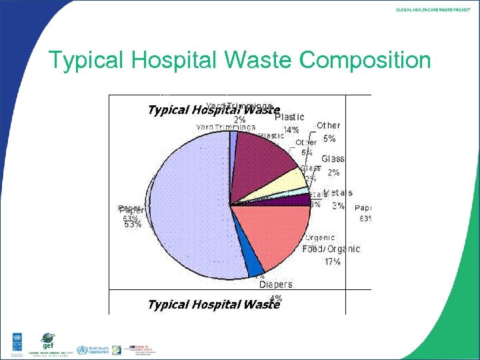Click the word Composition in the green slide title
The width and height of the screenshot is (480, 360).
[365, 61]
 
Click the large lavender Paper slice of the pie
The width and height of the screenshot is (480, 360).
[187, 207]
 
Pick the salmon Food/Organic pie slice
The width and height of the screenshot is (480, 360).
[273, 233]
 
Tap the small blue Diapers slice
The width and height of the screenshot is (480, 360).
[253, 265]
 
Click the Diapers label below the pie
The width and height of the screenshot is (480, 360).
[275, 285]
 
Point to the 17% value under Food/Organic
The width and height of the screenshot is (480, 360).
[332, 262]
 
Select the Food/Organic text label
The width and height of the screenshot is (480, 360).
[331, 249]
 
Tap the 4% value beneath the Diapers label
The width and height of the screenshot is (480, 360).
[276, 298]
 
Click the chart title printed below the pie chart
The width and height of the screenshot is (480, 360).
[214, 305]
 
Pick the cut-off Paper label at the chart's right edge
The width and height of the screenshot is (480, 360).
[363, 209]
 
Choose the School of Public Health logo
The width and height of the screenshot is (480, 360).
[137, 349]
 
